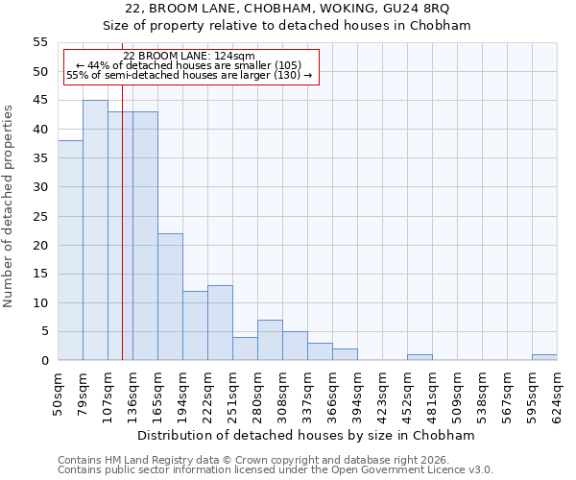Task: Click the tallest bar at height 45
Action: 95,230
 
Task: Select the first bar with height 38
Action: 70,251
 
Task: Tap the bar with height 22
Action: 170,297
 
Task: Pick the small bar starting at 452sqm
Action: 420,357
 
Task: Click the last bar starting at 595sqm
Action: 544,357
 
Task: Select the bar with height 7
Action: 270,340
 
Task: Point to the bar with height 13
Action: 220,323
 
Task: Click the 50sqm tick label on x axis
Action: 59,391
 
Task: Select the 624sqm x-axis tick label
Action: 558,391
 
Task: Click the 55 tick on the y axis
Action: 40,42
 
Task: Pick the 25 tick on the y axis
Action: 40,216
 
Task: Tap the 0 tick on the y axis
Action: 44,361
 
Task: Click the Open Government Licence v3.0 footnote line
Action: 276,470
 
